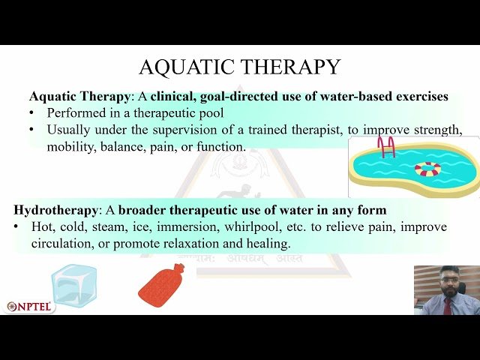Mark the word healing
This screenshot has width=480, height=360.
point(268,244)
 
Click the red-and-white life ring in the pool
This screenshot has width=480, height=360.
point(428,169)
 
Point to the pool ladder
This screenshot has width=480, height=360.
point(386,146)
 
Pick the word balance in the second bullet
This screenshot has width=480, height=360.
point(130,147)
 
